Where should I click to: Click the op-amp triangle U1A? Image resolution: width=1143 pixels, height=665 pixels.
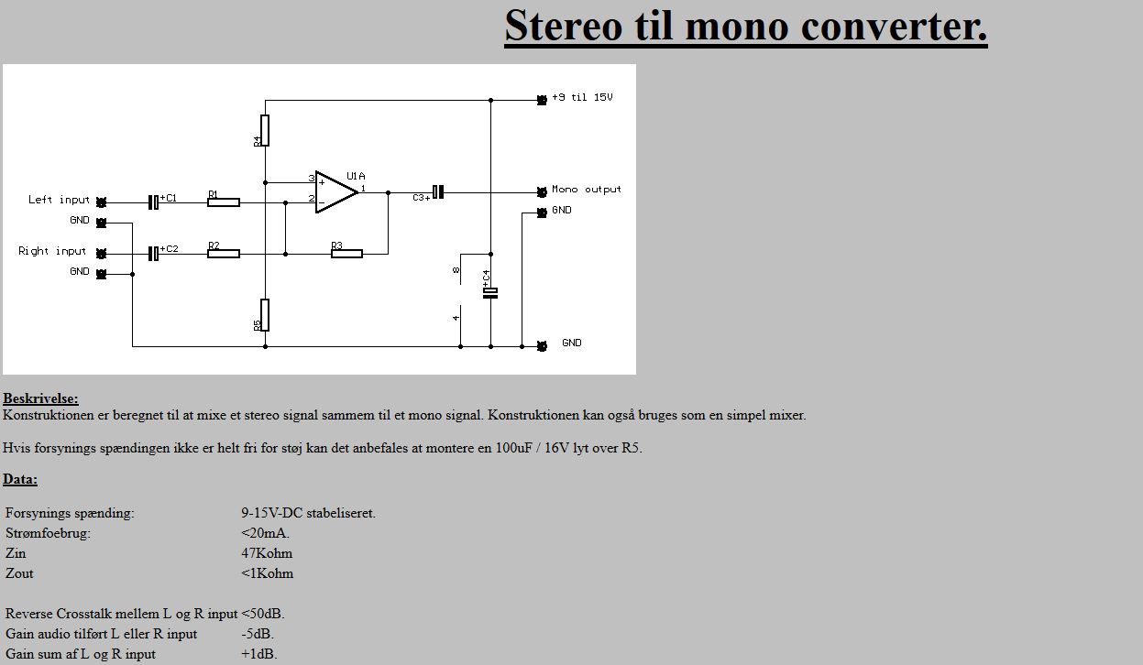335,192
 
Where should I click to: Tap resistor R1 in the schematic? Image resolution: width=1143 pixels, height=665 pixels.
224,202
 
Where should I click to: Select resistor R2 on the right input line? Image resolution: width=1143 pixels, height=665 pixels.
224,254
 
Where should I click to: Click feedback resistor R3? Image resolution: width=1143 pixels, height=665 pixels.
346,254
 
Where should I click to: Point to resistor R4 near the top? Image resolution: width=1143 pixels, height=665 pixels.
265,130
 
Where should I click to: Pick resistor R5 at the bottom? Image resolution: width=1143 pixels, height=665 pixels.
265,314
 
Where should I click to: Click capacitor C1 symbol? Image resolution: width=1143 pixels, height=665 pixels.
153,202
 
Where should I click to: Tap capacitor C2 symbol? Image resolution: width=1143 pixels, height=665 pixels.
153,253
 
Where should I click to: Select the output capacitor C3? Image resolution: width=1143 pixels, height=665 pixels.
438,192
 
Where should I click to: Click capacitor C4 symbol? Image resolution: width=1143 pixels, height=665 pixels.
490,292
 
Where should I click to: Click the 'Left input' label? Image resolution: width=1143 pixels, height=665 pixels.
59,200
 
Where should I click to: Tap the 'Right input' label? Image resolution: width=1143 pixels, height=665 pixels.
52,251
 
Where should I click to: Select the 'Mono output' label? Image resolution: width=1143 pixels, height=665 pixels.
587,190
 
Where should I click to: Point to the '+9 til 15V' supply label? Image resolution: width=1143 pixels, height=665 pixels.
582,97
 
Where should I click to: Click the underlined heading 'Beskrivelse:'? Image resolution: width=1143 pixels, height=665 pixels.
40,398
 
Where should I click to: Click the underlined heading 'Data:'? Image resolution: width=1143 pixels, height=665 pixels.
20,479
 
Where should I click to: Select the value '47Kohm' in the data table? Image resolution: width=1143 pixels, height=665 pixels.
267,553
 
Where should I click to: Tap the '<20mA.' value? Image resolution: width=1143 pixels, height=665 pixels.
266,533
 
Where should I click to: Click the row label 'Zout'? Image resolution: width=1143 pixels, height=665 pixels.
19,573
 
